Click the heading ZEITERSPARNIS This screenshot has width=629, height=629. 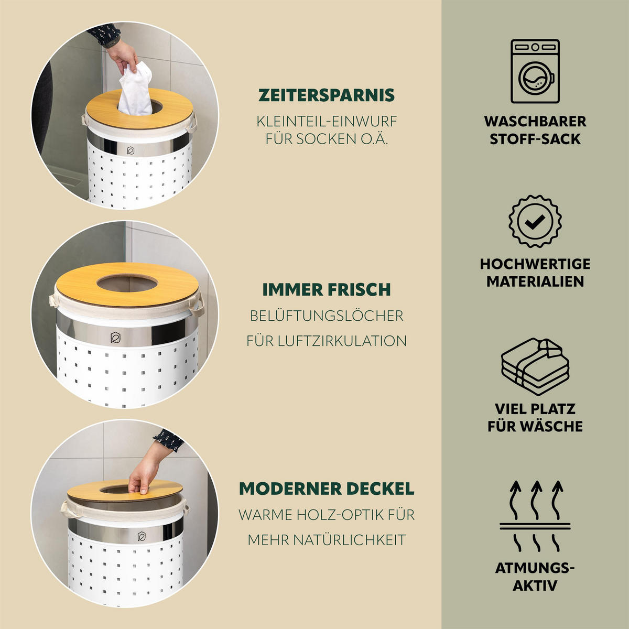click(x=327, y=95)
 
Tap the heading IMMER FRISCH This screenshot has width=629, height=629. click(x=327, y=289)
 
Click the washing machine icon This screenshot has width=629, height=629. click(x=535, y=71)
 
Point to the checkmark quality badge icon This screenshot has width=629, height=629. click(x=535, y=222)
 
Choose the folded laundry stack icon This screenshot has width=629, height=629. click(x=535, y=367)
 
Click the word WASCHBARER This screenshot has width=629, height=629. click(x=535, y=122)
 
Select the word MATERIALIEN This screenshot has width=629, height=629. click(x=535, y=281)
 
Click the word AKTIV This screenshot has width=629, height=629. click(x=535, y=585)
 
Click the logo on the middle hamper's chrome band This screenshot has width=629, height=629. click(x=115, y=338)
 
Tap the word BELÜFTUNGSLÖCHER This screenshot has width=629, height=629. click(x=327, y=316)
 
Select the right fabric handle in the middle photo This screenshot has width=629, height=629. click(x=197, y=306)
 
